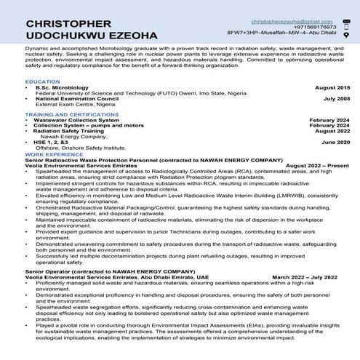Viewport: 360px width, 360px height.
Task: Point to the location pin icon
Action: [x=346, y=34]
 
